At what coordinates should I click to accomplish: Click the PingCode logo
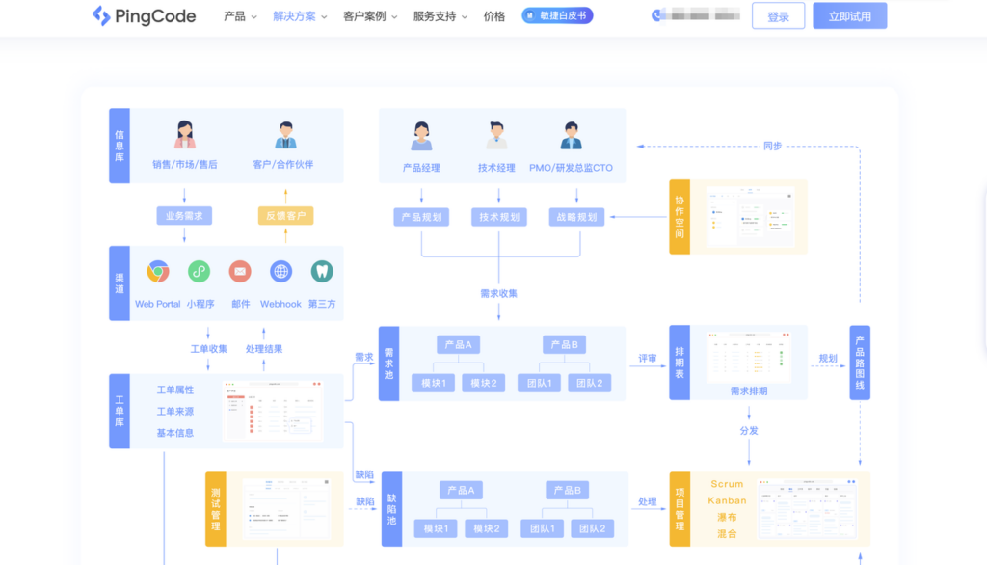(144, 16)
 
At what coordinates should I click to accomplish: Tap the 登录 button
(778, 16)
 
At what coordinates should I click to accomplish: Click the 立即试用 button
(849, 16)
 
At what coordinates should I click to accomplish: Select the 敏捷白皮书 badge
(557, 16)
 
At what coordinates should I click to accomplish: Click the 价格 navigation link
(494, 16)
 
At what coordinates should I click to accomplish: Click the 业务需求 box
(184, 216)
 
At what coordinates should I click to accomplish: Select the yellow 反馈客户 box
(285, 216)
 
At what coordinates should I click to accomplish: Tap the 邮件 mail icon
(240, 272)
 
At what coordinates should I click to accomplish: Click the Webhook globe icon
(280, 272)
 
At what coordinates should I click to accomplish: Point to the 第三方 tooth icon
(322, 272)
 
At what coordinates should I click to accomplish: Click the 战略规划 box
(576, 217)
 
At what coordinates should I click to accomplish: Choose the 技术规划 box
(499, 217)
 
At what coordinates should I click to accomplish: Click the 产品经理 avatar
(421, 137)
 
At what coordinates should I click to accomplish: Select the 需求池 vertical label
(388, 363)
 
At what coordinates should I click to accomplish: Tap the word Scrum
(727, 484)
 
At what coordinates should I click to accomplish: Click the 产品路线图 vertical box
(859, 363)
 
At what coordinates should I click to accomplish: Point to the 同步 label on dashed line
(772, 147)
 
